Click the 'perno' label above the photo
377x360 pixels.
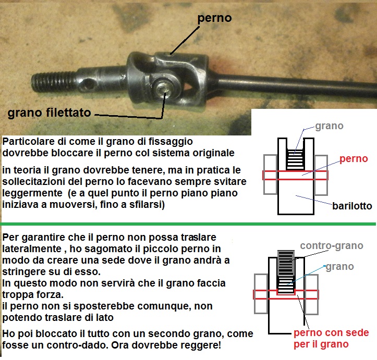(214, 18)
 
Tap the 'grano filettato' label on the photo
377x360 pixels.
(50, 113)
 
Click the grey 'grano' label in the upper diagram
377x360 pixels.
(329, 126)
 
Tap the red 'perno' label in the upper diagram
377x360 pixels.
(354, 159)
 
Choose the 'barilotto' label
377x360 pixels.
(352, 206)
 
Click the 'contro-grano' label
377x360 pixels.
(332, 246)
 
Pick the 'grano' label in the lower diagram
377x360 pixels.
(340, 267)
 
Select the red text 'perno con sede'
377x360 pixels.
(331, 333)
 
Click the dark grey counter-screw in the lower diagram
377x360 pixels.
(286, 263)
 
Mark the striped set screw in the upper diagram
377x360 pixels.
(296, 159)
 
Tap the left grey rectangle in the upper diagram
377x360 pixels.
(271, 175)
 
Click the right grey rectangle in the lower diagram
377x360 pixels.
(311, 294)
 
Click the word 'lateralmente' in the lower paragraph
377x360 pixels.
(32, 249)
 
